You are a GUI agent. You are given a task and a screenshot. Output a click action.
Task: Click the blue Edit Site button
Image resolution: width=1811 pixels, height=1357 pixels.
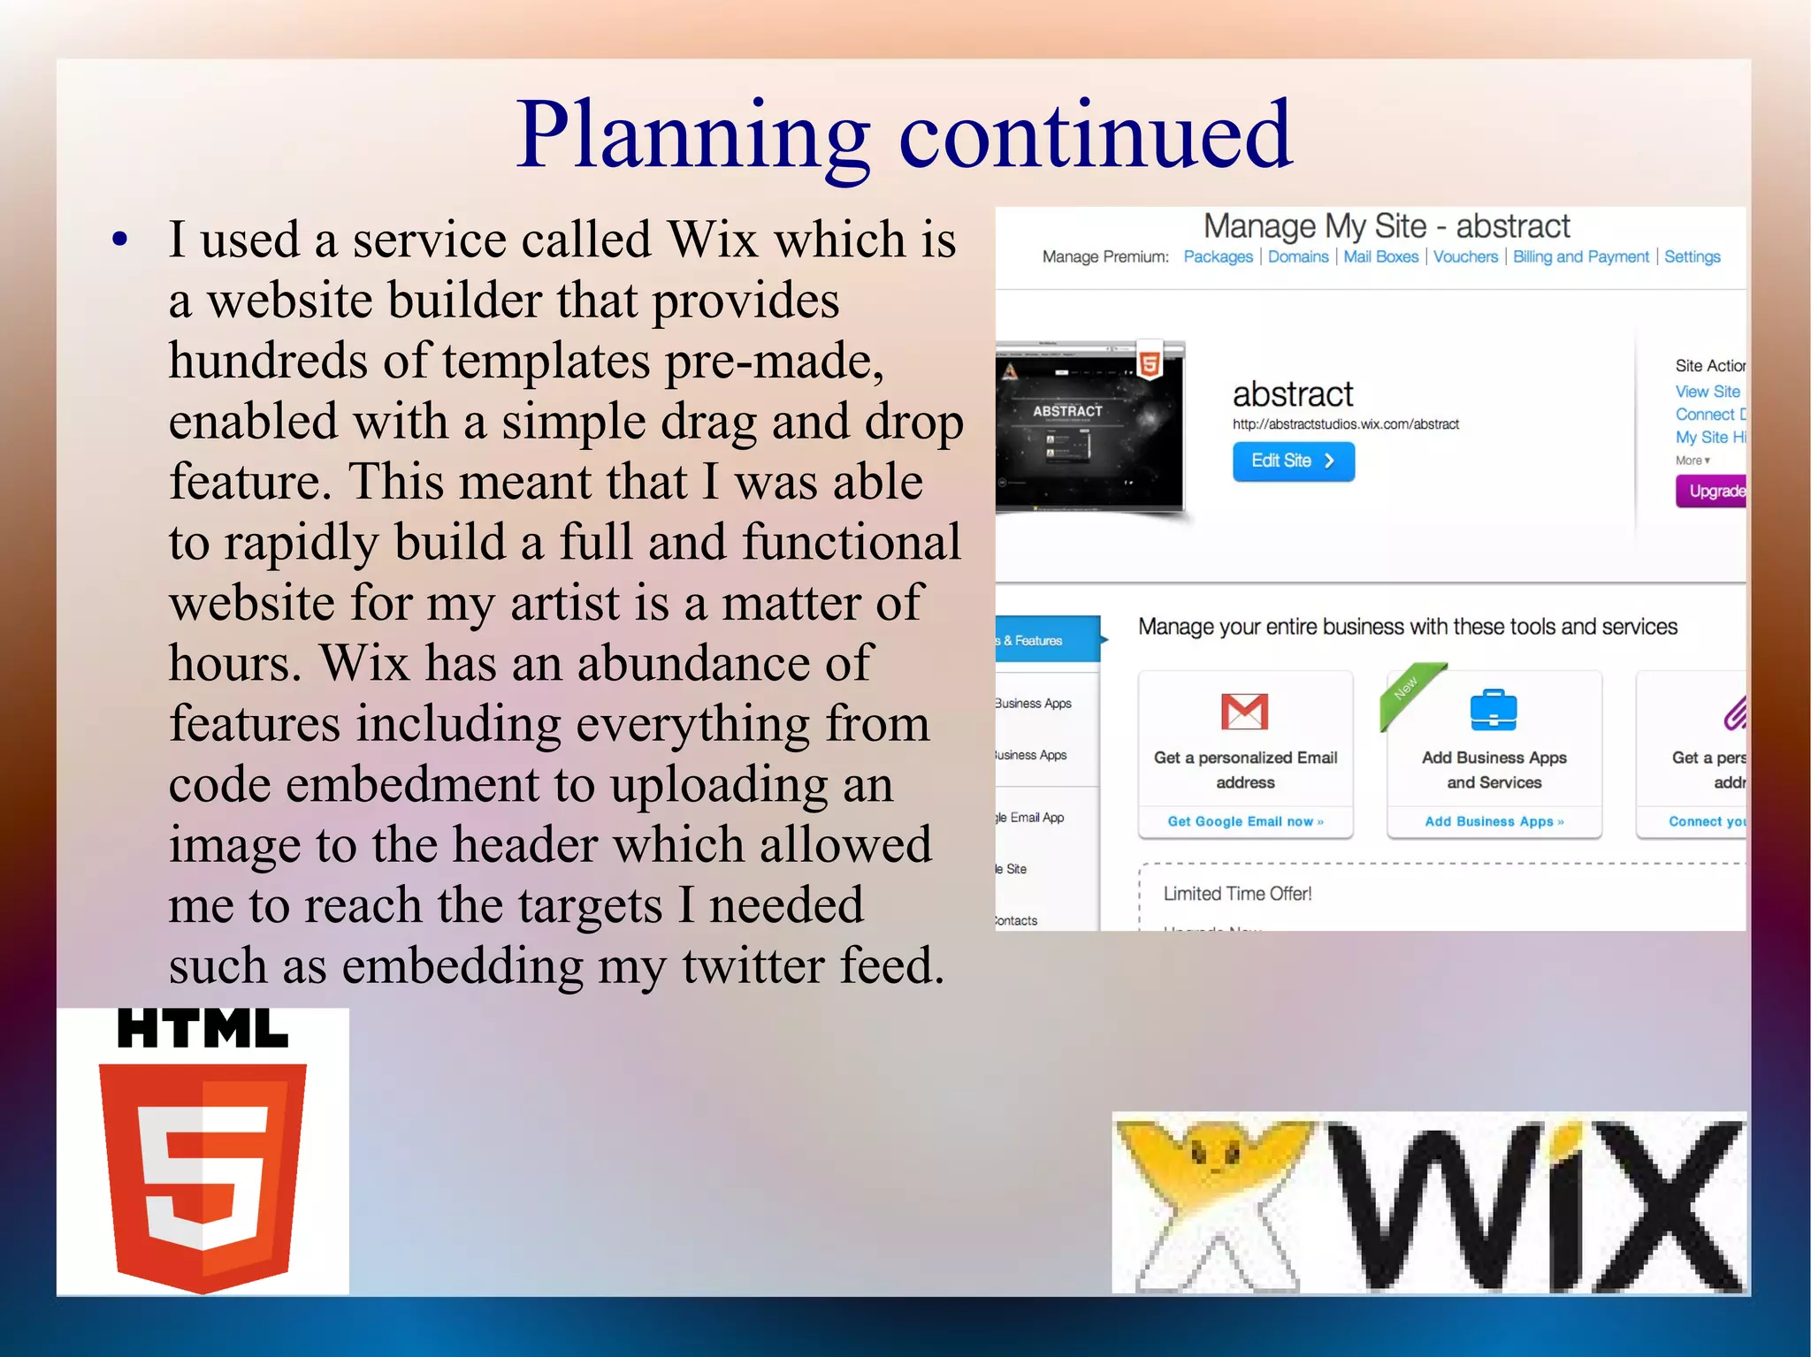[1293, 461]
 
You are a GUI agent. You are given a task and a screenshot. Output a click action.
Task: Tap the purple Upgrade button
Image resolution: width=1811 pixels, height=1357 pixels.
[1712, 491]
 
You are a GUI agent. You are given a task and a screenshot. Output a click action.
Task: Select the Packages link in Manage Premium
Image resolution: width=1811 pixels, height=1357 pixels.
[1218, 256]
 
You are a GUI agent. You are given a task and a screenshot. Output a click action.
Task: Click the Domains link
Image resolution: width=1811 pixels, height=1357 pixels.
[1297, 256]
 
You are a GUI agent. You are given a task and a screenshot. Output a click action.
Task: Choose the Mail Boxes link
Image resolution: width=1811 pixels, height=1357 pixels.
[1380, 256]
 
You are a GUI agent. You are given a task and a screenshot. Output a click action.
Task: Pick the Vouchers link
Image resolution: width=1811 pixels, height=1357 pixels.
[1465, 256]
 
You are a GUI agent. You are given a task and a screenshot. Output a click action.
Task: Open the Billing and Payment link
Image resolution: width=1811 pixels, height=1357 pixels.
[1580, 256]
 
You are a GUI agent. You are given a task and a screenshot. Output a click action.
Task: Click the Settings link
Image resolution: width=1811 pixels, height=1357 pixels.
[1692, 256]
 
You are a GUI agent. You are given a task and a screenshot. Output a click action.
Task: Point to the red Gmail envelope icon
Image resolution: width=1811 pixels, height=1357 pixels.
[1244, 711]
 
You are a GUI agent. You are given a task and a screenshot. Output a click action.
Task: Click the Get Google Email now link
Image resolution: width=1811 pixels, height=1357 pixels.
[1245, 821]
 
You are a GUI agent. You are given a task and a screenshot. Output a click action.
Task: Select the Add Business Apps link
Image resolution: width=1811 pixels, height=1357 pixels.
[1494, 821]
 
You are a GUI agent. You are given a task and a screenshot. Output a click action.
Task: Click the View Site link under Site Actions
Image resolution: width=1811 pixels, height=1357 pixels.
[1707, 391]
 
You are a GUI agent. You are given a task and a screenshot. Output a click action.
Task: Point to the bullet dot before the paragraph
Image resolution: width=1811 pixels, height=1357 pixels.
[120, 239]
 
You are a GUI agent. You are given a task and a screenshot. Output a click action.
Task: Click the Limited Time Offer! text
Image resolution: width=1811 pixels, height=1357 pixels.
[1236, 894]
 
